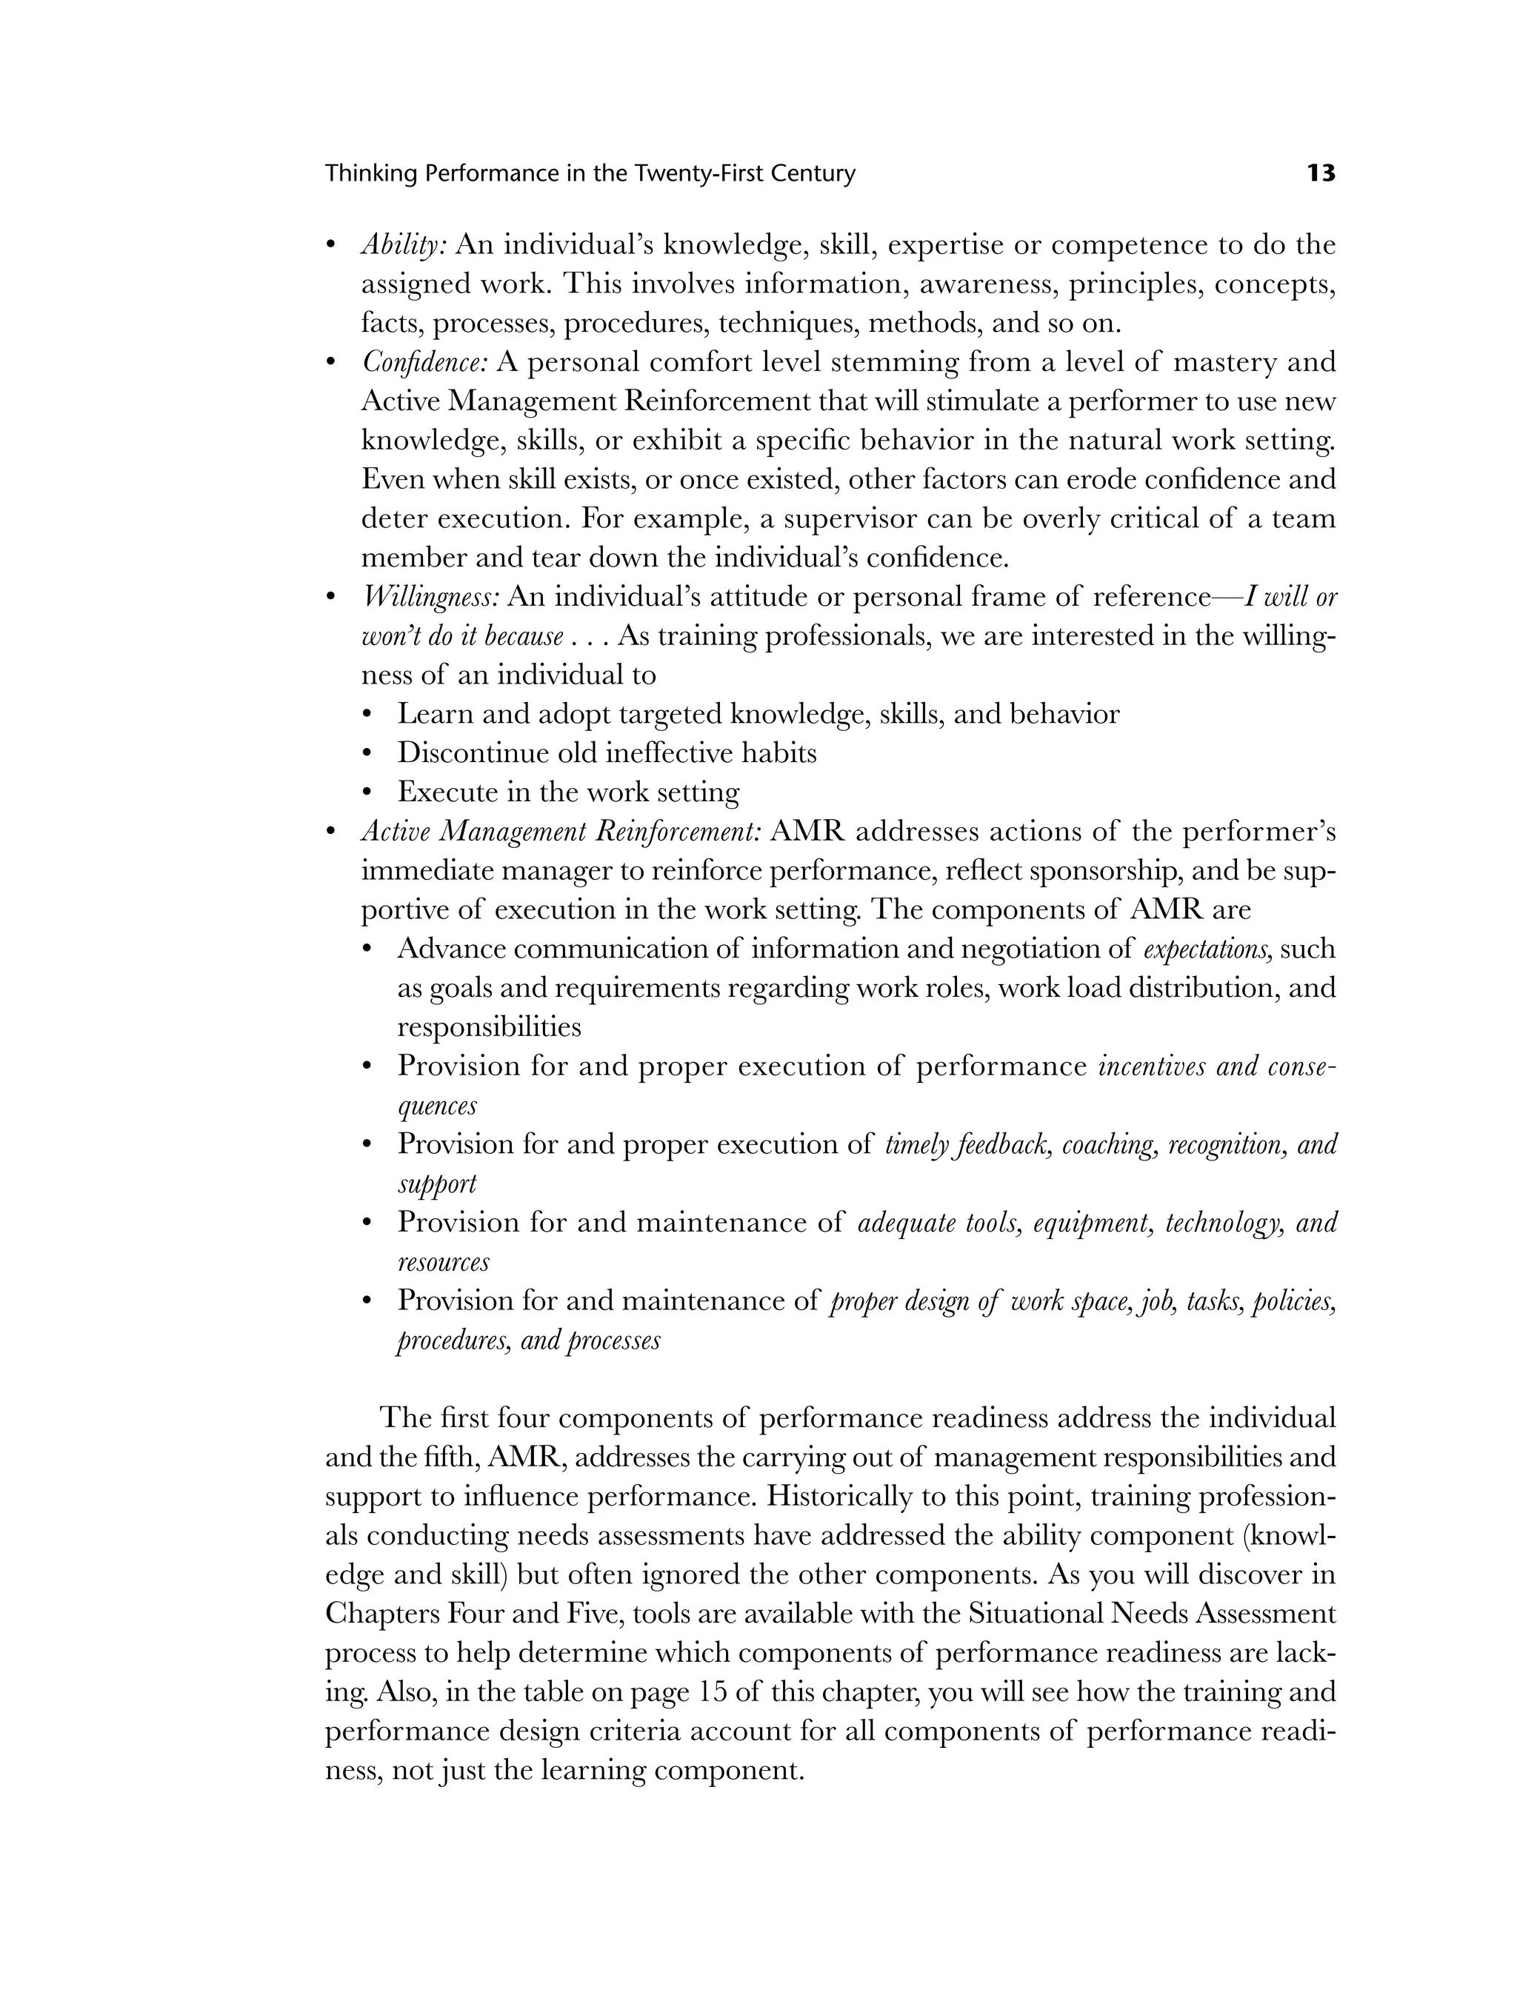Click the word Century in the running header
pyautogui.click(x=812, y=173)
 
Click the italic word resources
pyautogui.click(x=443, y=1262)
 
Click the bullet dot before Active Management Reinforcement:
pyautogui.click(x=332, y=832)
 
